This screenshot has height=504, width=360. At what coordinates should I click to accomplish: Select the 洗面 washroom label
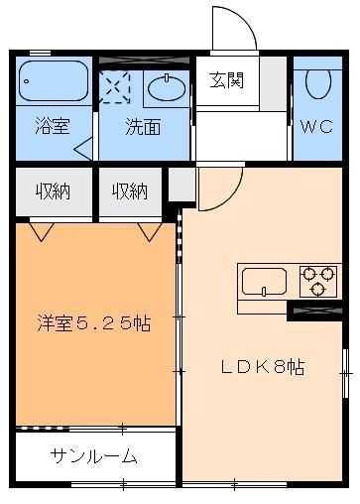point(141,127)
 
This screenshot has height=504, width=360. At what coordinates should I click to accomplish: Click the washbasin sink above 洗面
point(165,87)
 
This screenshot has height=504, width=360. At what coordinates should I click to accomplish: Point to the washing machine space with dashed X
point(117,86)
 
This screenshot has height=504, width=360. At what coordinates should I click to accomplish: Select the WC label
point(317,127)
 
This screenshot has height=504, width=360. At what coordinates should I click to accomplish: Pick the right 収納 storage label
point(130,190)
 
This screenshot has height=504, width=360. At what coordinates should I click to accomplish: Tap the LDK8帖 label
point(262,366)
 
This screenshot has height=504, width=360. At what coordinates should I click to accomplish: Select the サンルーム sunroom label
point(94,457)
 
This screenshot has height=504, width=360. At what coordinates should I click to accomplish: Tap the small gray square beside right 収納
point(180,186)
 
